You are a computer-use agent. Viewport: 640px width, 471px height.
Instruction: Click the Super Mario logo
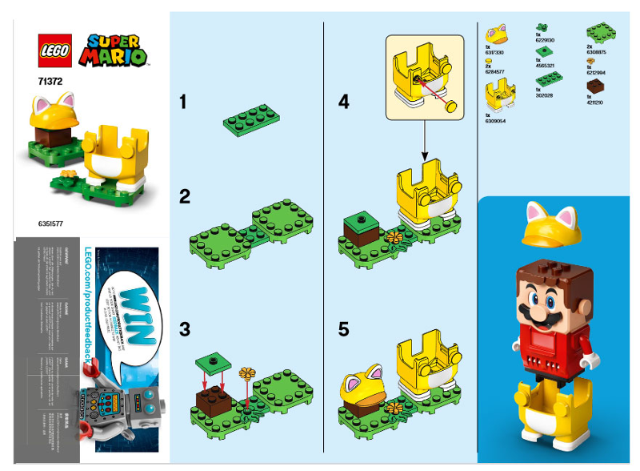tap(116, 50)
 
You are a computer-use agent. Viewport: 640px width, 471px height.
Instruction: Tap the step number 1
tap(183, 102)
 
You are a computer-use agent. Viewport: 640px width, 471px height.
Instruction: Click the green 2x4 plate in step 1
tap(252, 119)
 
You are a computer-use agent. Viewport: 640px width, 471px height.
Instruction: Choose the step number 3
tap(184, 328)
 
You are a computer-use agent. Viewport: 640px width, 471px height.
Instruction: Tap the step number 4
tap(344, 102)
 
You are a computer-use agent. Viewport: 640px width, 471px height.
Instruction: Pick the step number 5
tap(344, 328)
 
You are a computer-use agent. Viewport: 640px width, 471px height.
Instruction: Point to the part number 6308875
tap(596, 53)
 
